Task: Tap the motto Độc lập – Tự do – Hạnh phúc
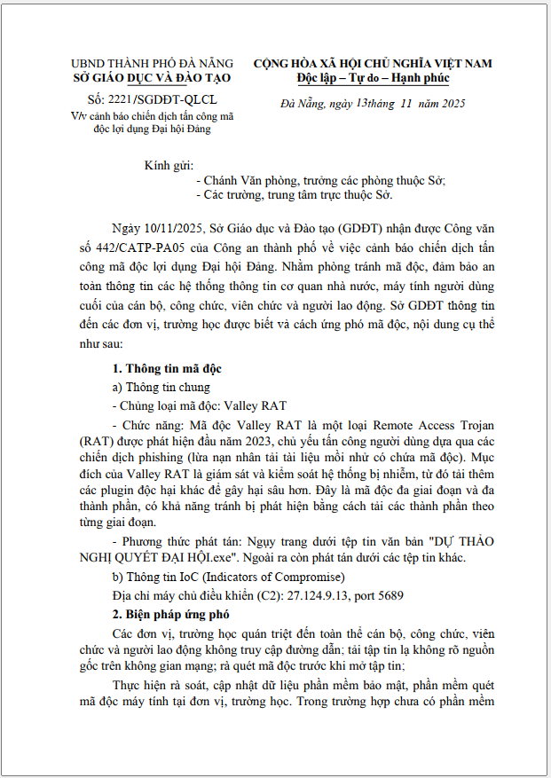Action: (373, 78)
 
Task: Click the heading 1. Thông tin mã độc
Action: (167, 368)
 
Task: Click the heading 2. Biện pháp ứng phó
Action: (170, 613)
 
